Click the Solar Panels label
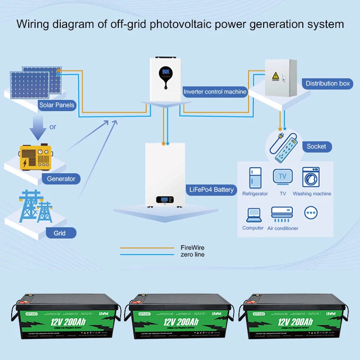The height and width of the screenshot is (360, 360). pyautogui.click(x=57, y=105)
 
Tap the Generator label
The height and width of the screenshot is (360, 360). pyautogui.click(x=61, y=179)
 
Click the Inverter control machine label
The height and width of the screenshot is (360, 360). pyautogui.click(x=215, y=92)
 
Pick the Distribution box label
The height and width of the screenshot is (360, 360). pyautogui.click(x=328, y=83)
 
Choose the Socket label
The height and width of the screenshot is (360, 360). pyautogui.click(x=316, y=146)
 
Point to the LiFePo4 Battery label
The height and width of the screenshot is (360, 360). pyautogui.click(x=211, y=189)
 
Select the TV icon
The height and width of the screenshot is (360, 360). pyautogui.click(x=283, y=177)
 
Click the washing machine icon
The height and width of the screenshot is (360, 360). pyautogui.click(x=311, y=177)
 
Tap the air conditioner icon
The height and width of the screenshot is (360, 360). pyautogui.click(x=282, y=213)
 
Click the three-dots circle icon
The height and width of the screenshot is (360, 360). pyautogui.click(x=311, y=212)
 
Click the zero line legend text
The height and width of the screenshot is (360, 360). pyautogui.click(x=193, y=254)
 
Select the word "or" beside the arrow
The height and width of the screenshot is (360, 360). pyautogui.click(x=53, y=127)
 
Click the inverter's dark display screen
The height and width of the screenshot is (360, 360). pyautogui.click(x=166, y=72)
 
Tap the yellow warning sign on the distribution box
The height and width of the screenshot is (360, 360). pyautogui.click(x=274, y=76)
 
